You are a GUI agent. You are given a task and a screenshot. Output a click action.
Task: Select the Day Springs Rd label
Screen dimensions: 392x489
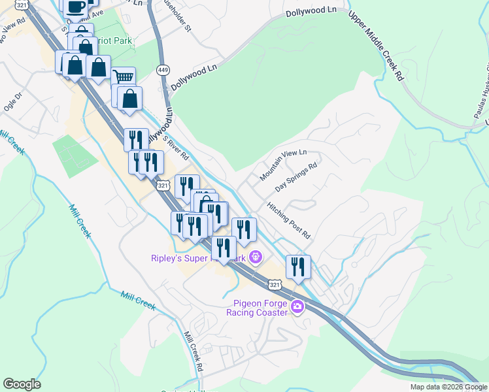(295, 177)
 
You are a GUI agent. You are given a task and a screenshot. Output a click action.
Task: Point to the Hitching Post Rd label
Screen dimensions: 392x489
(288, 220)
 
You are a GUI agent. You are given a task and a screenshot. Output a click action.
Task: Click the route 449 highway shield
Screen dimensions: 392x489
(163, 69)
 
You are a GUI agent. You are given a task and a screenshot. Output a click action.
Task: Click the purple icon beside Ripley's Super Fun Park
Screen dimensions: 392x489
(255, 259)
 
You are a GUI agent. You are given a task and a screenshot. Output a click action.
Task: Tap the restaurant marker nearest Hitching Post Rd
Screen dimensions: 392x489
(297, 266)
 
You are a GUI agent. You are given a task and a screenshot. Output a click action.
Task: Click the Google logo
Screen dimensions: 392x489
(22, 384)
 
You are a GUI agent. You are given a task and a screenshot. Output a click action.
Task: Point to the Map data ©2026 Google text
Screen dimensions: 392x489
(448, 387)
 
